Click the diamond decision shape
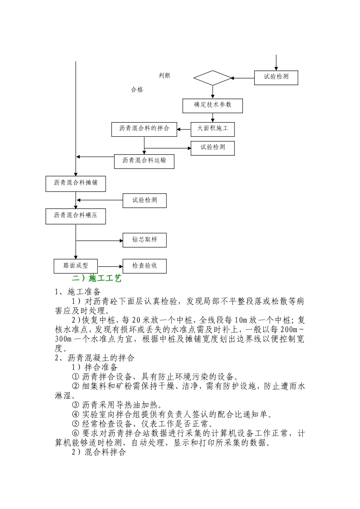[x=212, y=78]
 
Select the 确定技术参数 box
[x=213, y=105]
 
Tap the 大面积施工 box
[x=213, y=129]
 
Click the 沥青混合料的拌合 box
[x=144, y=129]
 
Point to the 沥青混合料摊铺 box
[x=75, y=184]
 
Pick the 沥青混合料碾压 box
[x=75, y=216]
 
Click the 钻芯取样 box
[x=144, y=240]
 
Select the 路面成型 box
[x=76, y=266]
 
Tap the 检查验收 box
[x=144, y=266]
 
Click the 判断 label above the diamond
[x=164, y=76]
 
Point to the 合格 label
[x=137, y=90]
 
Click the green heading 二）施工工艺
[x=97, y=279]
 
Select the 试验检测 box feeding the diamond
[x=276, y=77]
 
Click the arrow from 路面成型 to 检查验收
[x=110, y=266]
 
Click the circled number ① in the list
[x=75, y=377]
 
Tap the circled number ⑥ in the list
[x=75, y=433]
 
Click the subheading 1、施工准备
[x=78, y=292]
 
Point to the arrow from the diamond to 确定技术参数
[x=213, y=92]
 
